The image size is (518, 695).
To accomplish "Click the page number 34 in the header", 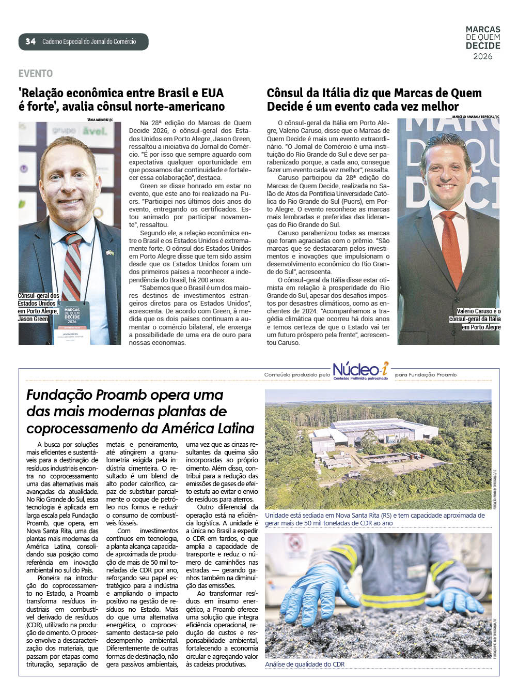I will click(30, 41).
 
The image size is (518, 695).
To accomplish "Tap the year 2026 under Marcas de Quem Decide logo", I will click(483, 56).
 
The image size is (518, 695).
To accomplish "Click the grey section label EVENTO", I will click(35, 73).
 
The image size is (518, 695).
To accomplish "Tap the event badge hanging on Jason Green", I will click(72, 323).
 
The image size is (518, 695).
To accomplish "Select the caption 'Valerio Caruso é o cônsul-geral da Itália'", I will click(476, 319).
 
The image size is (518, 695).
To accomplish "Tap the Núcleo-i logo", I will click(360, 370).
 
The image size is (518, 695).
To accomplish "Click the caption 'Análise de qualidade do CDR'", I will click(305, 664).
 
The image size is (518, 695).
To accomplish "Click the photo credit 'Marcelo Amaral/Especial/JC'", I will click(475, 117).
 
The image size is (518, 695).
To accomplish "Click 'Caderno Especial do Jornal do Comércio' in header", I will click(89, 41).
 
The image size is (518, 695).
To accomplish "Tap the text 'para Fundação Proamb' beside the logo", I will click(426, 375).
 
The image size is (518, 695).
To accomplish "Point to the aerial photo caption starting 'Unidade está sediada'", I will click(375, 519).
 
